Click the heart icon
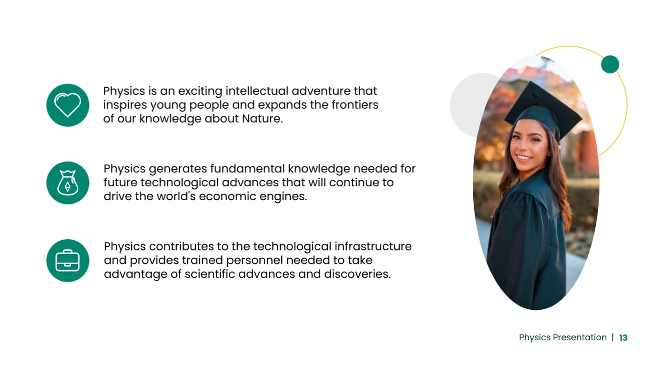68,105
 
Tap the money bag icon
68,183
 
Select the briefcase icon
67,261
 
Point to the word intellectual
257,91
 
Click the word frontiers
355,105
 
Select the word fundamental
247,169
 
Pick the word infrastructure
373,246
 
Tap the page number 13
623,337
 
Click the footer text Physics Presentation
563,337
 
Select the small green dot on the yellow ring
610,64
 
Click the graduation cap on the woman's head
543,112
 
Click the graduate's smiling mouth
523,158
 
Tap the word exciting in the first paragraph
200,91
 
